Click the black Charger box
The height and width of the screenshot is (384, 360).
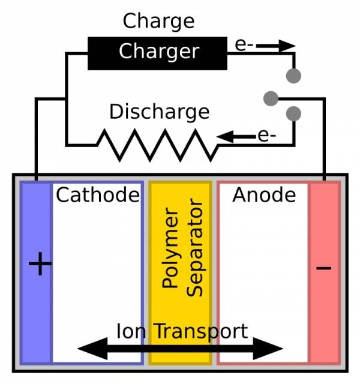158,52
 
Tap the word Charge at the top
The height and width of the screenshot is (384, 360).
158,21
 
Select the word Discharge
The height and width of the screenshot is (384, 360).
159,112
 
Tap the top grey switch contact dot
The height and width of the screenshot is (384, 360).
293,76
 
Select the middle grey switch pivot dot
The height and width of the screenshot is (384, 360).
271,97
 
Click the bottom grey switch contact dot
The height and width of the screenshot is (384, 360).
293,113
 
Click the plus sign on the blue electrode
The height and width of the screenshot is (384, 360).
40,264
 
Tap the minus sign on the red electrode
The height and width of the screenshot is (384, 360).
323,267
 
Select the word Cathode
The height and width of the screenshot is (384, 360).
98,195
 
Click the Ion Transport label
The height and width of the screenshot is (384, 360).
182,331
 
